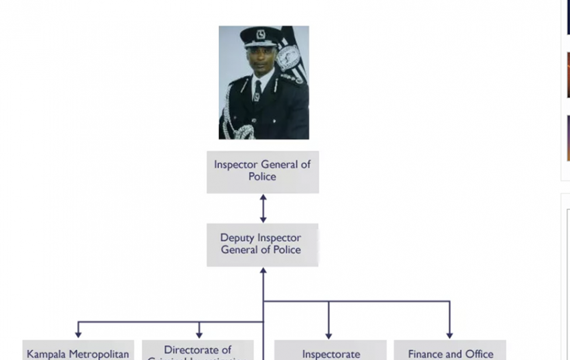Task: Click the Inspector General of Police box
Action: tap(262, 171)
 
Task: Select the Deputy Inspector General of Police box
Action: tap(262, 244)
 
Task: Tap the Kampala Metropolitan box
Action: tap(78, 351)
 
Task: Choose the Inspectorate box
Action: tap(331, 351)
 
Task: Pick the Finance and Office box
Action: tap(450, 351)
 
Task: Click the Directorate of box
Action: tap(198, 351)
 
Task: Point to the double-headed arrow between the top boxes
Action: tap(263, 208)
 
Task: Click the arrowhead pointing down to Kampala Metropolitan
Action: tap(78, 333)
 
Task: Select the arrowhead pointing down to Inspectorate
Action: tap(329, 334)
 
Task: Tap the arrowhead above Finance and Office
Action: tap(450, 334)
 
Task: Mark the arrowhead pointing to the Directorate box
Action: tap(199, 333)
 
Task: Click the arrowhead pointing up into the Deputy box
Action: tap(263, 271)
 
